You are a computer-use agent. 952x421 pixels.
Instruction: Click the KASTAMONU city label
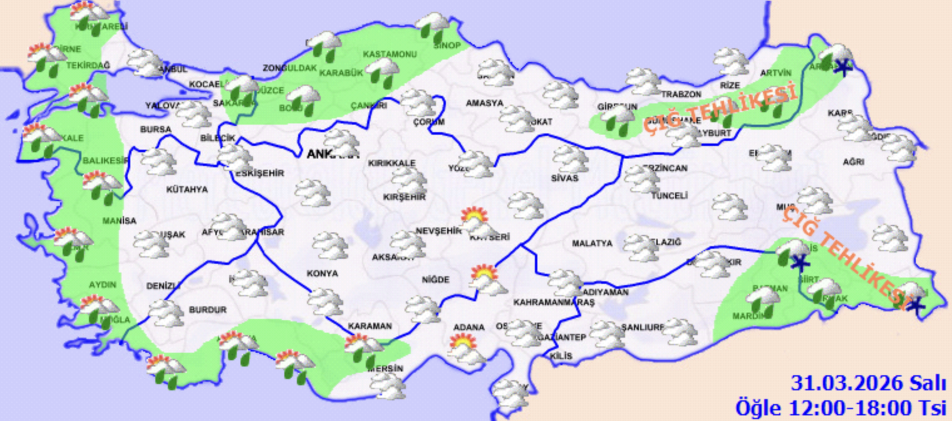click(390, 54)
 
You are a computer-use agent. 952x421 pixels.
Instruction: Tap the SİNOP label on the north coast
click(447, 46)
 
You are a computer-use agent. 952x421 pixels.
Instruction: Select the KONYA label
click(323, 274)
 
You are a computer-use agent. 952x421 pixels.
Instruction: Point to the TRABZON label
click(681, 95)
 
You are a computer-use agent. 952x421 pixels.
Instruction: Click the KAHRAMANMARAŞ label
click(553, 303)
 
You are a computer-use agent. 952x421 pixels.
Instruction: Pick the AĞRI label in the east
click(853, 162)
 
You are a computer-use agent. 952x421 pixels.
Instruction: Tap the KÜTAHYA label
click(187, 189)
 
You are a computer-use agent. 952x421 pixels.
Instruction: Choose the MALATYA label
click(592, 243)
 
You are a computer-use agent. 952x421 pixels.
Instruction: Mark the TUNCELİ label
click(670, 196)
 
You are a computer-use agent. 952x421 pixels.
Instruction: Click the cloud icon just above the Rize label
click(731, 61)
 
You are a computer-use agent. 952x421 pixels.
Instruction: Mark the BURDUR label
click(207, 309)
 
